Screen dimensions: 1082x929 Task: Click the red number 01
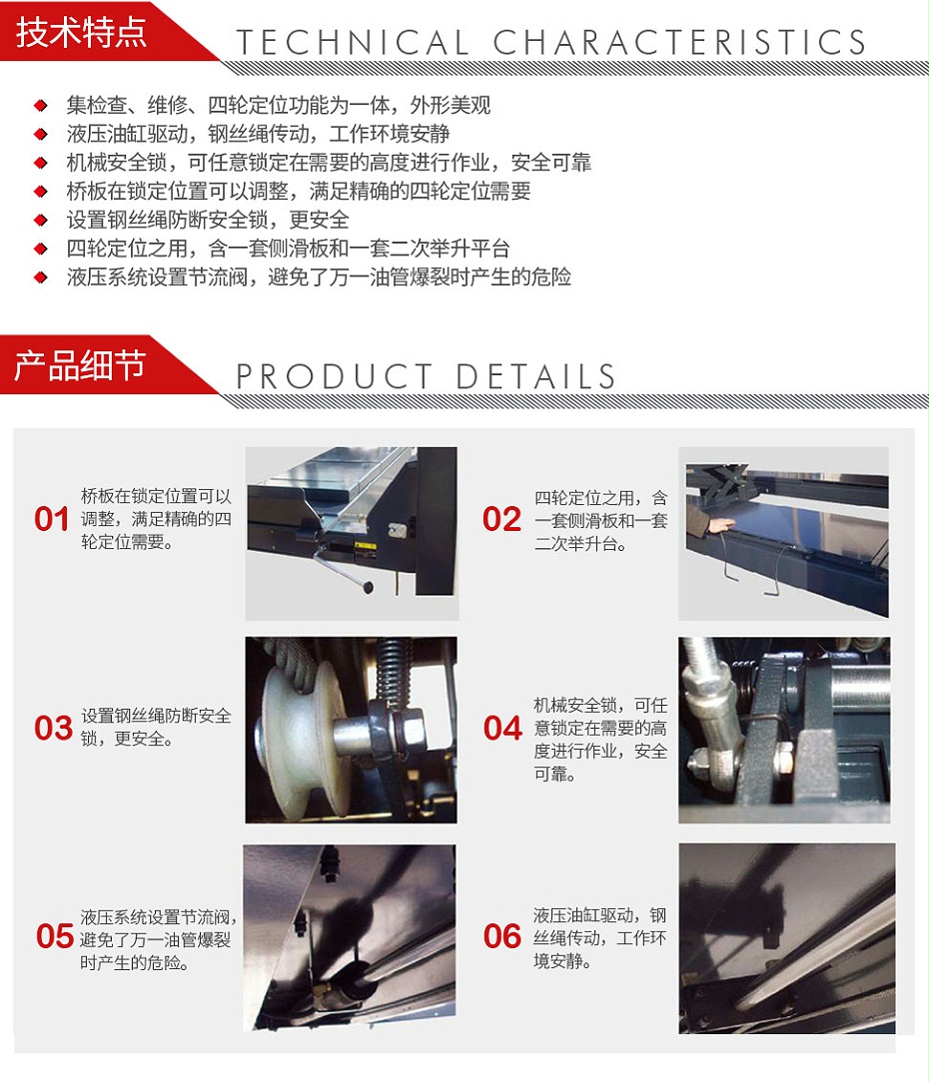pos(52,519)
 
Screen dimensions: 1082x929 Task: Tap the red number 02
pos(502,519)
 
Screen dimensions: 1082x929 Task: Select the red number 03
pos(53,728)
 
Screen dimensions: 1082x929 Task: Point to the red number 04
pos(503,728)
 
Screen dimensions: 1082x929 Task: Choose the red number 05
pos(55,936)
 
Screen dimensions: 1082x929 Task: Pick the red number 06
pos(503,936)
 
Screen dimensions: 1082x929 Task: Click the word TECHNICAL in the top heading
pos(352,43)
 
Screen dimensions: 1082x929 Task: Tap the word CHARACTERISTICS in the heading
pos(679,43)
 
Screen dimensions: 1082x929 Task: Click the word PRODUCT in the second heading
pos(334,377)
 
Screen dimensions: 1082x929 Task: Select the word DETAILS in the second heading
pos(536,377)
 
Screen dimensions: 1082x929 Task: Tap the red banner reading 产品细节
pos(80,365)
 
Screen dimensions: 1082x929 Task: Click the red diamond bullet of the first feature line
pos(41,106)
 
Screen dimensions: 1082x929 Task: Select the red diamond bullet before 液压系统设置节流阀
pos(41,277)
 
